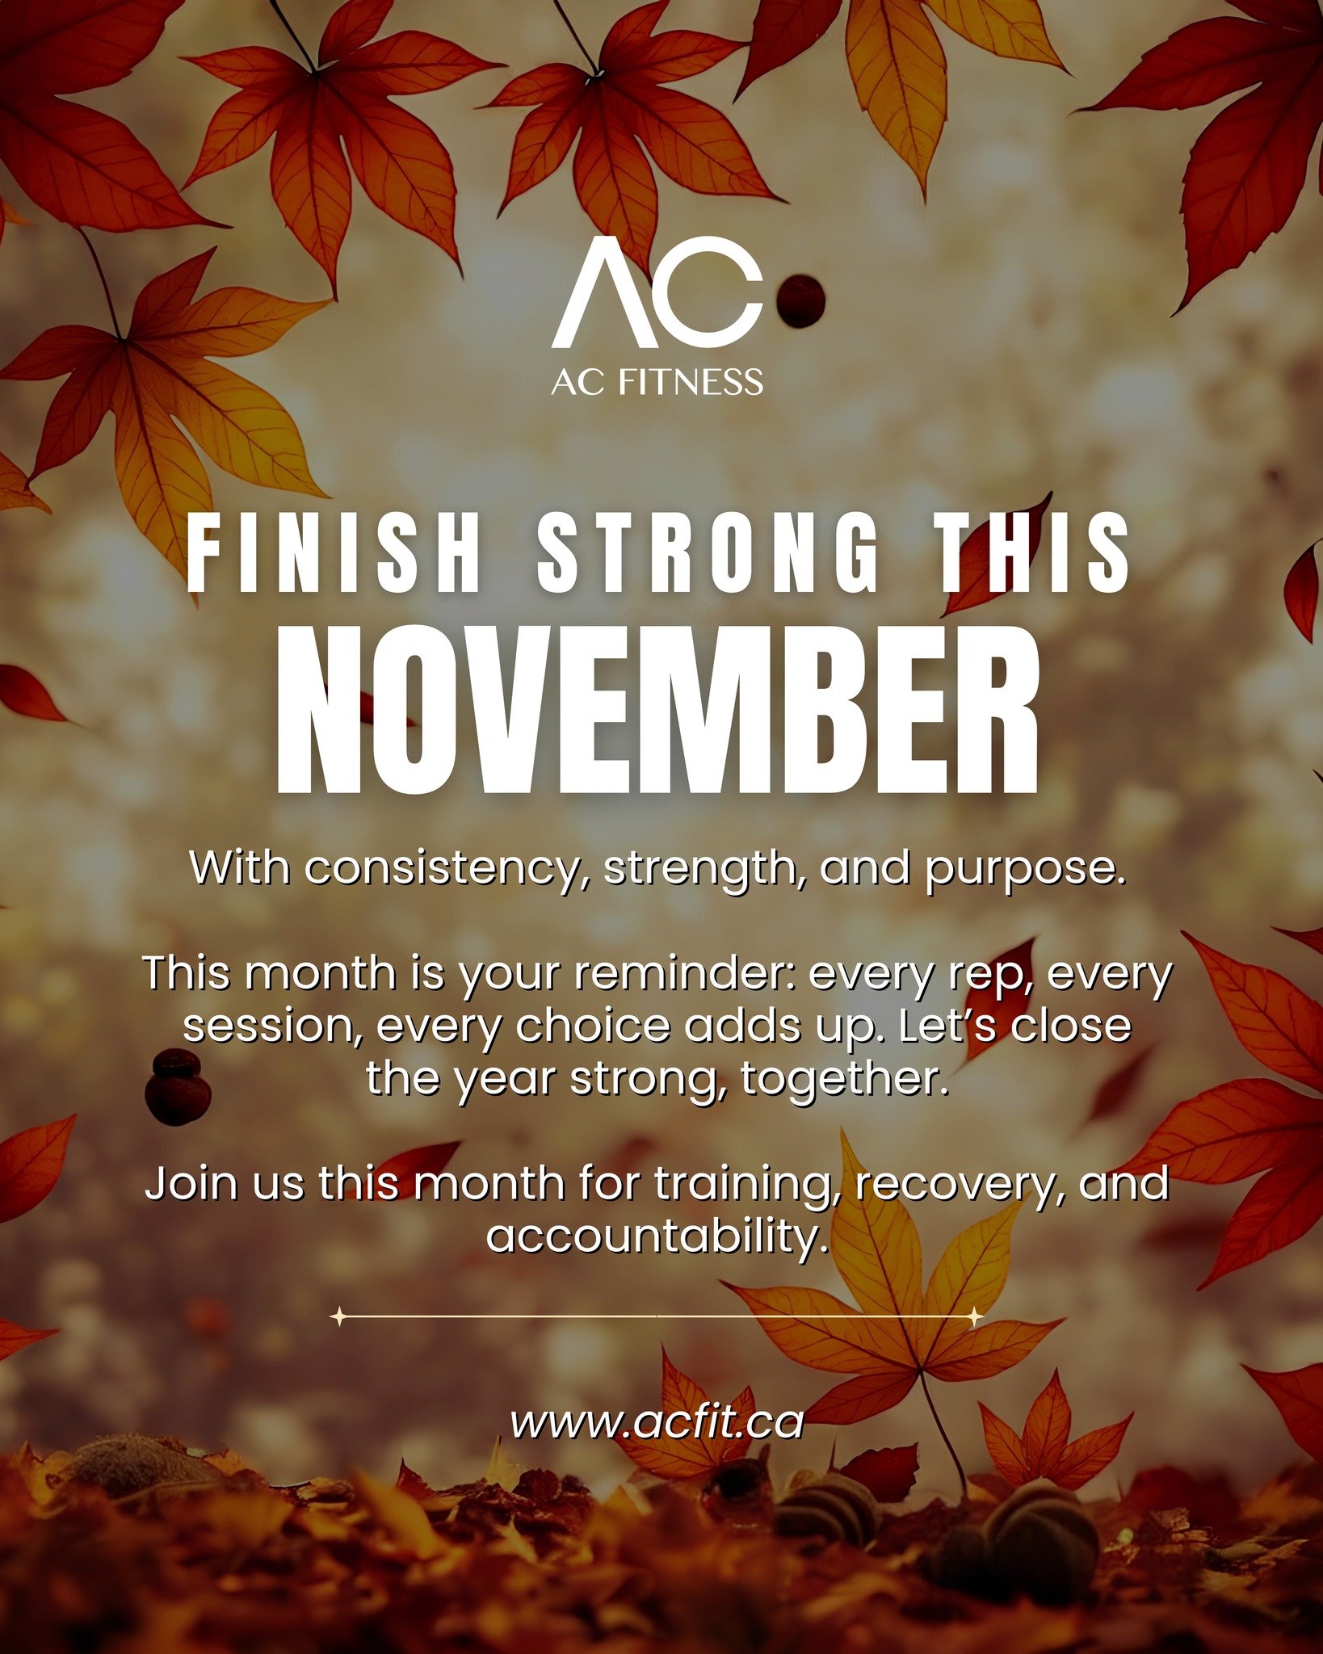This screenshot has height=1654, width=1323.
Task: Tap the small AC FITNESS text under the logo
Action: pos(657,382)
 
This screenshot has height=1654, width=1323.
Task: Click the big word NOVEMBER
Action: pos(657,711)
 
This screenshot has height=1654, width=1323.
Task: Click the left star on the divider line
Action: pos(340,1317)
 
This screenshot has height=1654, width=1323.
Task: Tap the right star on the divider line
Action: pos(975,1317)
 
